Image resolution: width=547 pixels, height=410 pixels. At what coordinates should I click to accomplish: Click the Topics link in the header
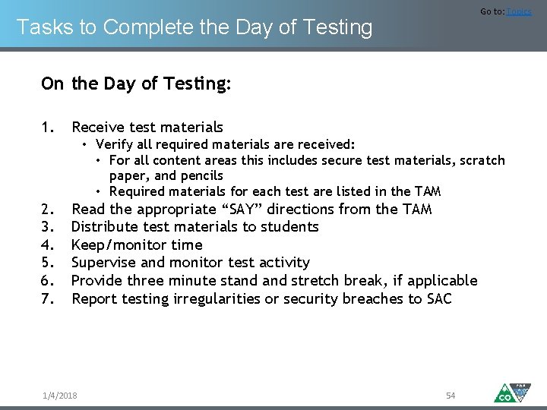click(519, 11)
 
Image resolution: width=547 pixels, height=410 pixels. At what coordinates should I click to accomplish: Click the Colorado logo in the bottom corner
click(512, 392)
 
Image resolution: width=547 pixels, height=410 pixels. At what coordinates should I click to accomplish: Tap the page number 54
click(451, 396)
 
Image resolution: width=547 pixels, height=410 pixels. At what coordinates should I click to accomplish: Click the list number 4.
click(47, 244)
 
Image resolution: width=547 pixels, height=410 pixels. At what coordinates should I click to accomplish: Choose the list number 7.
click(47, 299)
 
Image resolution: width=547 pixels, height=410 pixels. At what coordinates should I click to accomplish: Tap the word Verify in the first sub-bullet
click(114, 144)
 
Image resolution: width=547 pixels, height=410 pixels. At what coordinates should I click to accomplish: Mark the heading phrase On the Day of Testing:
click(136, 84)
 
